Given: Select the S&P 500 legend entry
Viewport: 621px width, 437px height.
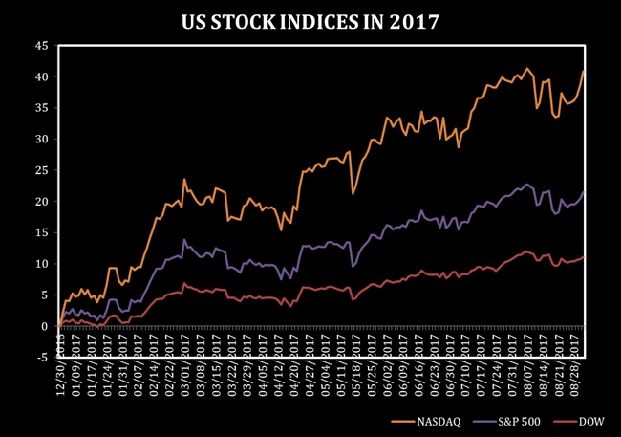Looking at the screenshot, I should (x=523, y=419).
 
